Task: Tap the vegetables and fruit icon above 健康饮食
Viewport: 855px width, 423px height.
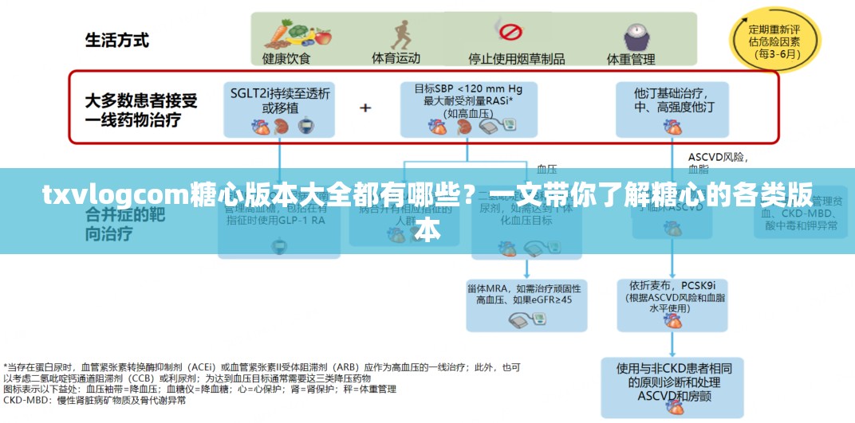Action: pos(286,33)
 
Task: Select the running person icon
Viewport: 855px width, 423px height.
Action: pos(396,35)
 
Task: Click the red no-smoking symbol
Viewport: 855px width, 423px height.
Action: pos(510,33)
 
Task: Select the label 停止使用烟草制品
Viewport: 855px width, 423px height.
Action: pos(516,58)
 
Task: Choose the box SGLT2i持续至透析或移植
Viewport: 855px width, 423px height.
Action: pos(280,108)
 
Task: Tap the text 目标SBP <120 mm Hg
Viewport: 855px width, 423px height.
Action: pos(468,88)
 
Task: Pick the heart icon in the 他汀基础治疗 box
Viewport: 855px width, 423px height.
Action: pos(674,126)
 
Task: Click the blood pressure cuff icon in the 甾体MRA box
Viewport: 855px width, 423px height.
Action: pos(522,319)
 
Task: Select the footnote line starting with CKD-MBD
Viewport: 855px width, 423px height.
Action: pos(96,400)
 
